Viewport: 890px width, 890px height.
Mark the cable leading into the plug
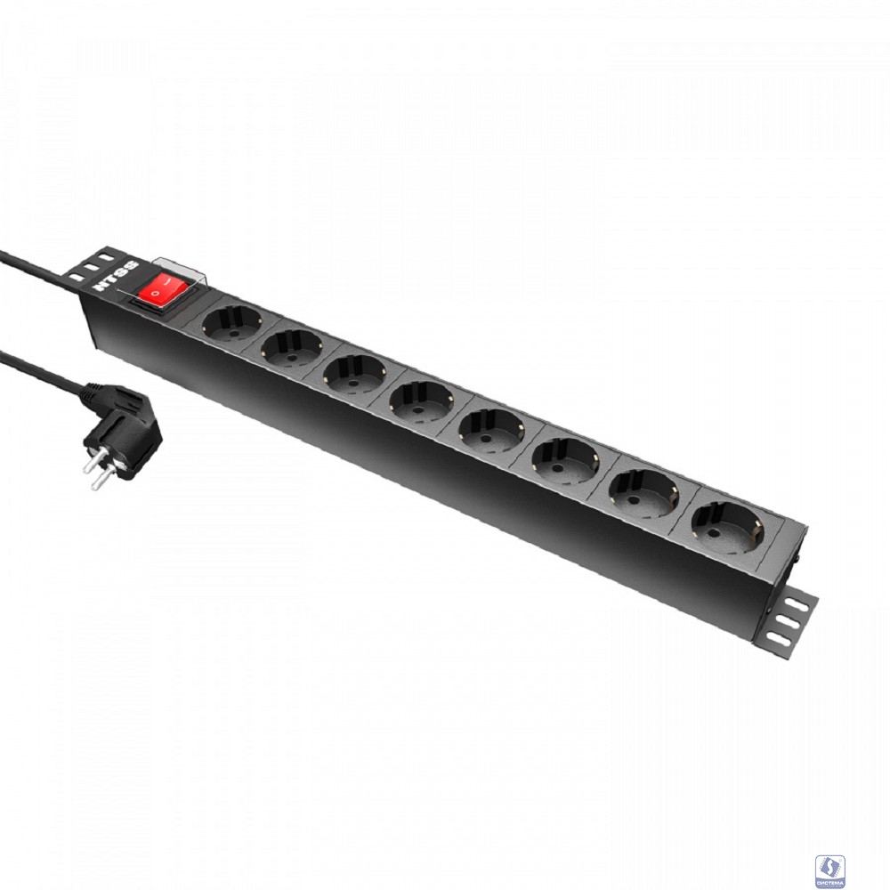[40, 368]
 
